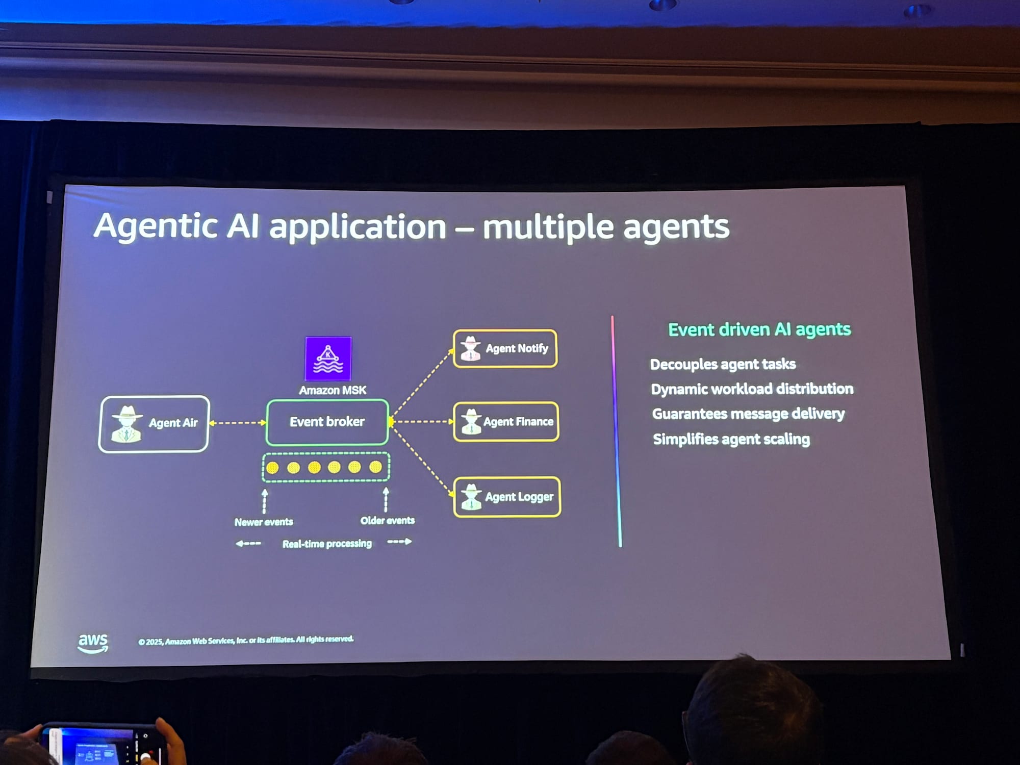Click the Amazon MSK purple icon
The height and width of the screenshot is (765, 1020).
coord(328,359)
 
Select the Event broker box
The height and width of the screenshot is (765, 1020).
coord(327,422)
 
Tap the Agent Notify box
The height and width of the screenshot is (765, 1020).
coord(505,348)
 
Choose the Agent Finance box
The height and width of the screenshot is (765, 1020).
coord(506,422)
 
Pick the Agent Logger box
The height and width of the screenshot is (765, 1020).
coord(507,497)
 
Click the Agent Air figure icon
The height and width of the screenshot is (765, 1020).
coord(126,424)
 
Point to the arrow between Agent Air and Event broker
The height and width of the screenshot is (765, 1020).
coord(238,423)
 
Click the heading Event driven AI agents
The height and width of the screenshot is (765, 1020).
coord(759,329)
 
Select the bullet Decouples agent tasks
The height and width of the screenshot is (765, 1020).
coord(723,364)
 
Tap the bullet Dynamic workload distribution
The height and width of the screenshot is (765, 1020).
coord(752,389)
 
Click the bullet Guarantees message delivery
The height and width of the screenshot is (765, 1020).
coord(748,414)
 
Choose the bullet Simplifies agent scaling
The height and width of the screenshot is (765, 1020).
coord(731,439)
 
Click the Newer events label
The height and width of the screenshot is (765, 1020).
coord(264,522)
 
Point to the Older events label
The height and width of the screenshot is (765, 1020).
coord(388,520)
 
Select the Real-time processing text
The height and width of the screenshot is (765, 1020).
coord(327,544)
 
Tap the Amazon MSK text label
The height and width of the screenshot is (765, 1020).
coord(333,391)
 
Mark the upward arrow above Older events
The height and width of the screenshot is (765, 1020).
coord(386,499)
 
